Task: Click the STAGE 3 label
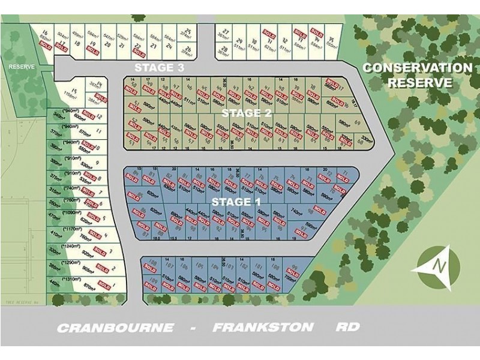pyautogui.click(x=158, y=67)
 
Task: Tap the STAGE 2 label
pyautogui.click(x=247, y=112)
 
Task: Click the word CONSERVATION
pyautogui.click(x=417, y=68)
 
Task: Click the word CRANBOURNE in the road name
pyautogui.click(x=115, y=328)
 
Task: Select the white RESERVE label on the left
pyautogui.click(x=21, y=67)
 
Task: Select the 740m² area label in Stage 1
pyautogui.click(x=296, y=211)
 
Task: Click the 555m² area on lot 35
pyautogui.click(x=331, y=42)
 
